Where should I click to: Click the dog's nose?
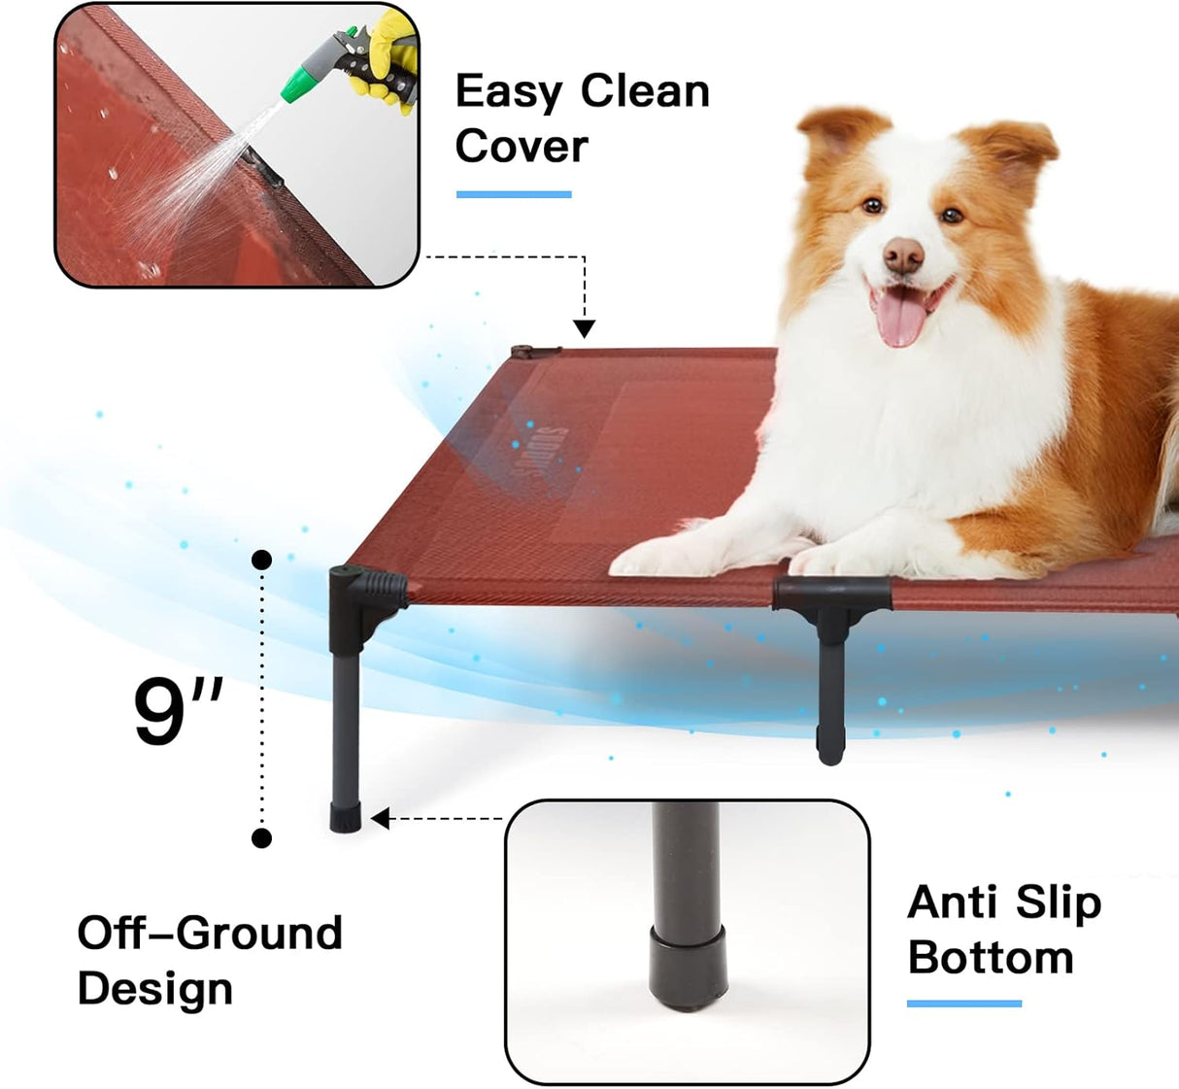(903, 255)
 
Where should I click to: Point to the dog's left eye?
(952, 215)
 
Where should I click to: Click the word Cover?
(522, 147)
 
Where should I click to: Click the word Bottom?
(991, 958)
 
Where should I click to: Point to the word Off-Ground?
(210, 933)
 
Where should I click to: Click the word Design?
(155, 989)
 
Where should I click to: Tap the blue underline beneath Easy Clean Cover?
(514, 194)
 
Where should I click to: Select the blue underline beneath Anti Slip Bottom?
(963, 1004)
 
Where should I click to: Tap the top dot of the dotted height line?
(261, 560)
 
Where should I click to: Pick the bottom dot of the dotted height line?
(261, 837)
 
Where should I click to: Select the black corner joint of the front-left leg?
(363, 592)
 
